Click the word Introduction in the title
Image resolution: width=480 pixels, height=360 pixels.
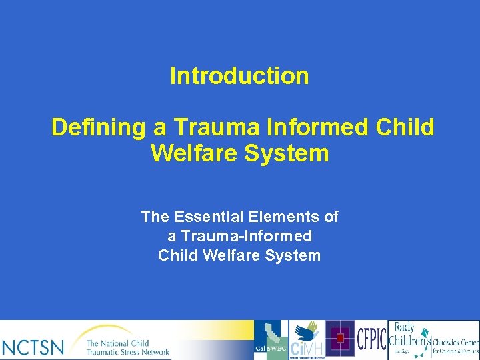tap(239, 76)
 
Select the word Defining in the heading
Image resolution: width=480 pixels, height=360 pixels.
tap(89, 127)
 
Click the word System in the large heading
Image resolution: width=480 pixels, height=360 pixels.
tap(287, 153)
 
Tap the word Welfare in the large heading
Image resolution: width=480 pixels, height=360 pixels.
tap(191, 153)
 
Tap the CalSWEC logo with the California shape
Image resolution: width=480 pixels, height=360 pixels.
tap(271, 340)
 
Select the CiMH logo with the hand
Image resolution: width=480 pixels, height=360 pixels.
tap(306, 341)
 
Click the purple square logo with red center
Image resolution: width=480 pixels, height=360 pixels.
tap(339, 339)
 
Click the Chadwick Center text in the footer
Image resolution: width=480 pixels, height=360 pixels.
tap(455, 345)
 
